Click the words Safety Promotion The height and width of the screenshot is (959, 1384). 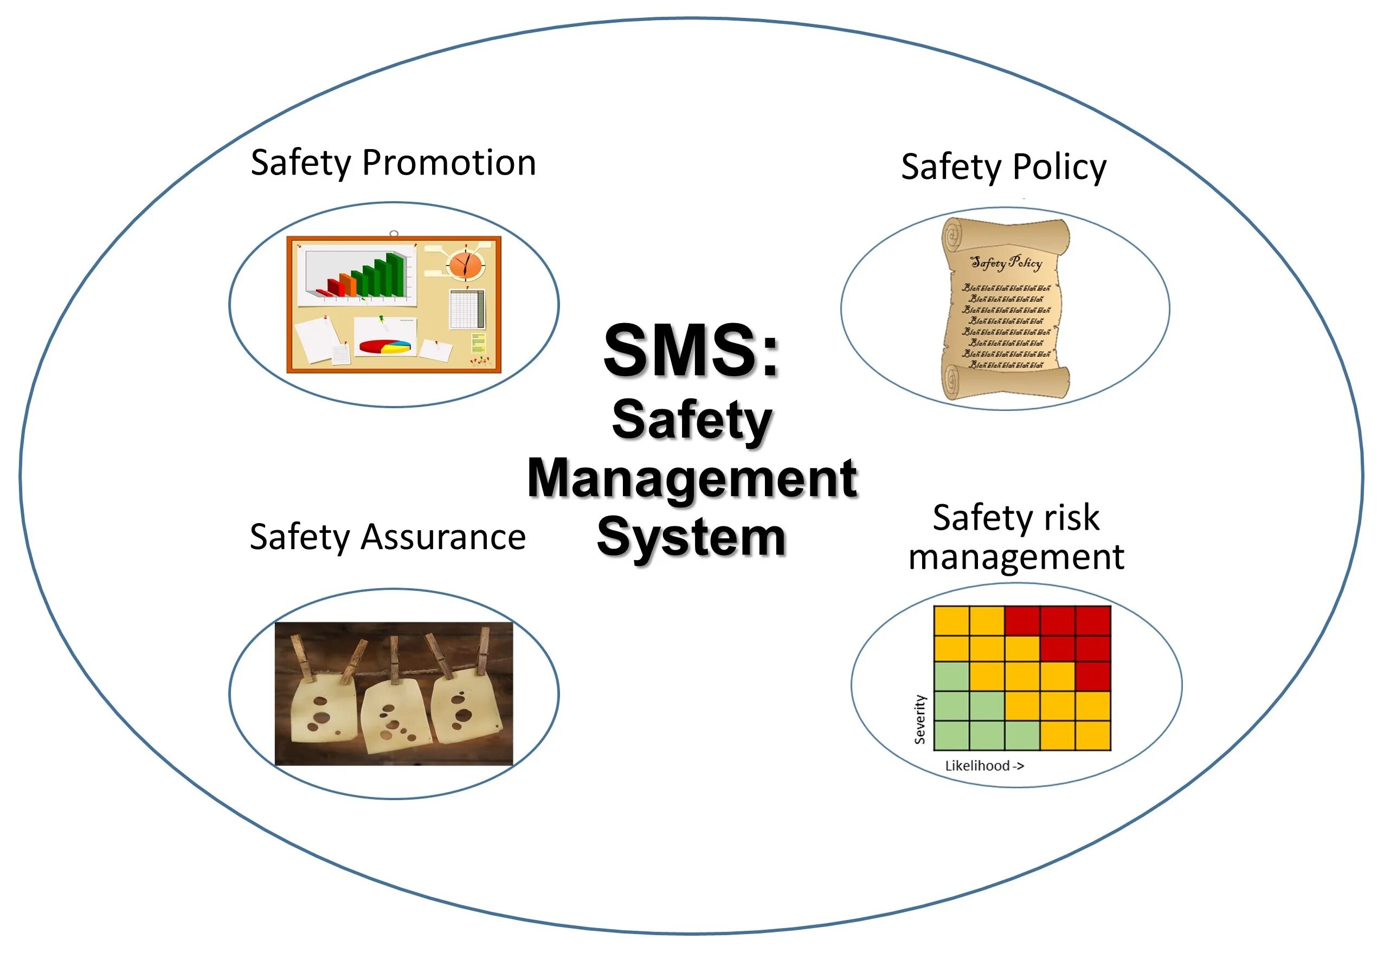(x=393, y=163)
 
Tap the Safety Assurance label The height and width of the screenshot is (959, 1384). (x=388, y=537)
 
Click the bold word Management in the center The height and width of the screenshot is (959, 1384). (x=692, y=478)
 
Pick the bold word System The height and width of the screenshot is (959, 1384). (x=691, y=537)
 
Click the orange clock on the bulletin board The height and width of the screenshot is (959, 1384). (x=466, y=265)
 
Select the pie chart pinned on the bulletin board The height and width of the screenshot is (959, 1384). (x=385, y=347)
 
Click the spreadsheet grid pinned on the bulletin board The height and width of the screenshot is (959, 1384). (x=467, y=309)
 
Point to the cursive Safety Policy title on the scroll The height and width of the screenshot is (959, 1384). (x=1006, y=262)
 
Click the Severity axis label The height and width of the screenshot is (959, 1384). (x=919, y=719)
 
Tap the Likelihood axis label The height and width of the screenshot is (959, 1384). (x=984, y=765)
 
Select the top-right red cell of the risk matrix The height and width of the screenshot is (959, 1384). (x=1093, y=621)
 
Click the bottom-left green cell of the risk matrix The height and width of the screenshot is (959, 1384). (x=951, y=736)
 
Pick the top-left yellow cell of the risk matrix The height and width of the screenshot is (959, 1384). (x=951, y=621)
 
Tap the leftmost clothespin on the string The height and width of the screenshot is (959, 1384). (x=301, y=659)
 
